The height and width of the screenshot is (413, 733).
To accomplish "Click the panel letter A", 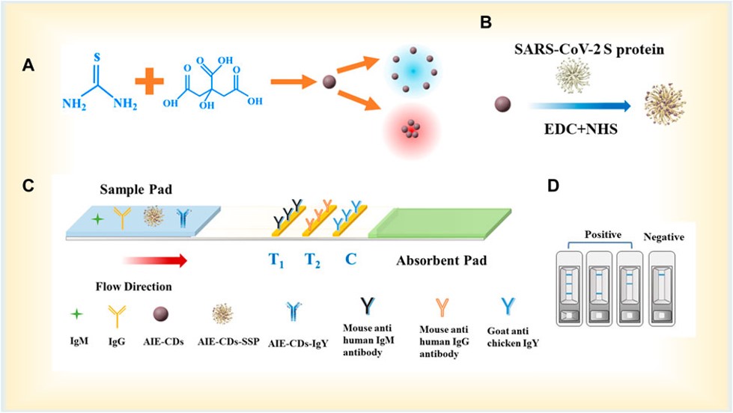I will coord(28,66).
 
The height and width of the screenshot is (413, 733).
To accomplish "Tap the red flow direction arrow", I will coord(154,260).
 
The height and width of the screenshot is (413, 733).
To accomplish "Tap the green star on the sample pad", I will coord(96,219).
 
